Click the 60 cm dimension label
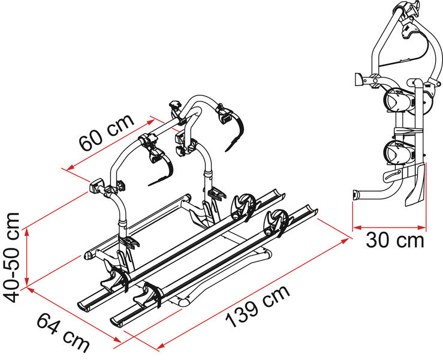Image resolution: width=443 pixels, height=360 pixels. pos(107,133)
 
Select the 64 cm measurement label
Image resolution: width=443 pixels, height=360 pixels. pos(63,332)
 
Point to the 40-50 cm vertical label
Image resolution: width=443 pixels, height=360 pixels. pos(11,257)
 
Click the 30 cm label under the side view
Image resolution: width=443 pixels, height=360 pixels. pos(395,241)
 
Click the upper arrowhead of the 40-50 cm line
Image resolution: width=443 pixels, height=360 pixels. pos(27,232)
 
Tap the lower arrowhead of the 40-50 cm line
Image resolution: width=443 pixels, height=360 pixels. pos(27,282)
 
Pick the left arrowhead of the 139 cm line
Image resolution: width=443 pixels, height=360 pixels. pos(161,346)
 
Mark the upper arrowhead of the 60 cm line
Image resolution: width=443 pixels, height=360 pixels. pos(150,122)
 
